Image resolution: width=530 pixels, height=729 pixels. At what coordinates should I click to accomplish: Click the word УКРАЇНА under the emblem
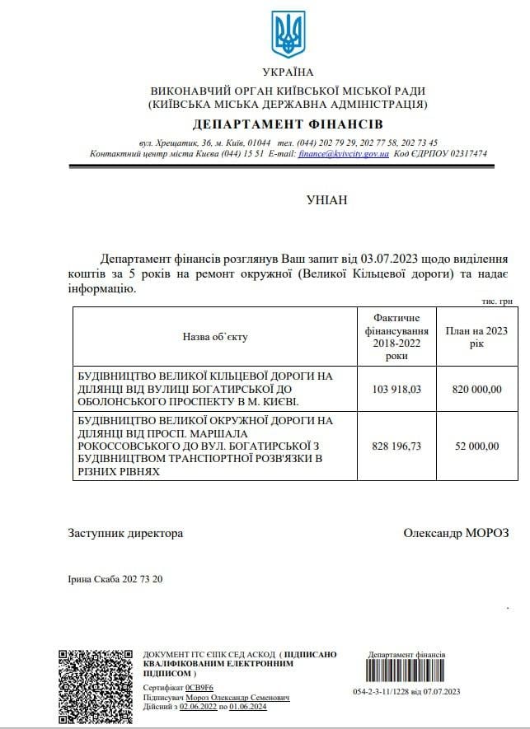(288, 72)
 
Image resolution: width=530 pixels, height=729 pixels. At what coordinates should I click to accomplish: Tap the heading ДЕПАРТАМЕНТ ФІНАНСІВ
(288, 124)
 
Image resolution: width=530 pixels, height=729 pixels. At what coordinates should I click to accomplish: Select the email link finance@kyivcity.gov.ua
(343, 154)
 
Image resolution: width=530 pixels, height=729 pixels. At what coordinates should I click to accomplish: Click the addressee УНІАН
(327, 199)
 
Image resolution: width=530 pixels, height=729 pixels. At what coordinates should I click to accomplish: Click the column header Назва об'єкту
(215, 336)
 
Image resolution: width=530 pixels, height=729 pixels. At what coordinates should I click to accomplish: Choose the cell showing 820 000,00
(476, 390)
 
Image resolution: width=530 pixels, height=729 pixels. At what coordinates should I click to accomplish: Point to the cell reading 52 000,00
(476, 446)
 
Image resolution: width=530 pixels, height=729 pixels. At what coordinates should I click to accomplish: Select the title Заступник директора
(125, 533)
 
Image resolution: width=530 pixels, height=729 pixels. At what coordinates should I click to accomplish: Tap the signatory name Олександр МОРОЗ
(457, 533)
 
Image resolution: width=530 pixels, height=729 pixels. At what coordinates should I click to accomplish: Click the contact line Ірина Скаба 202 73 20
(115, 579)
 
